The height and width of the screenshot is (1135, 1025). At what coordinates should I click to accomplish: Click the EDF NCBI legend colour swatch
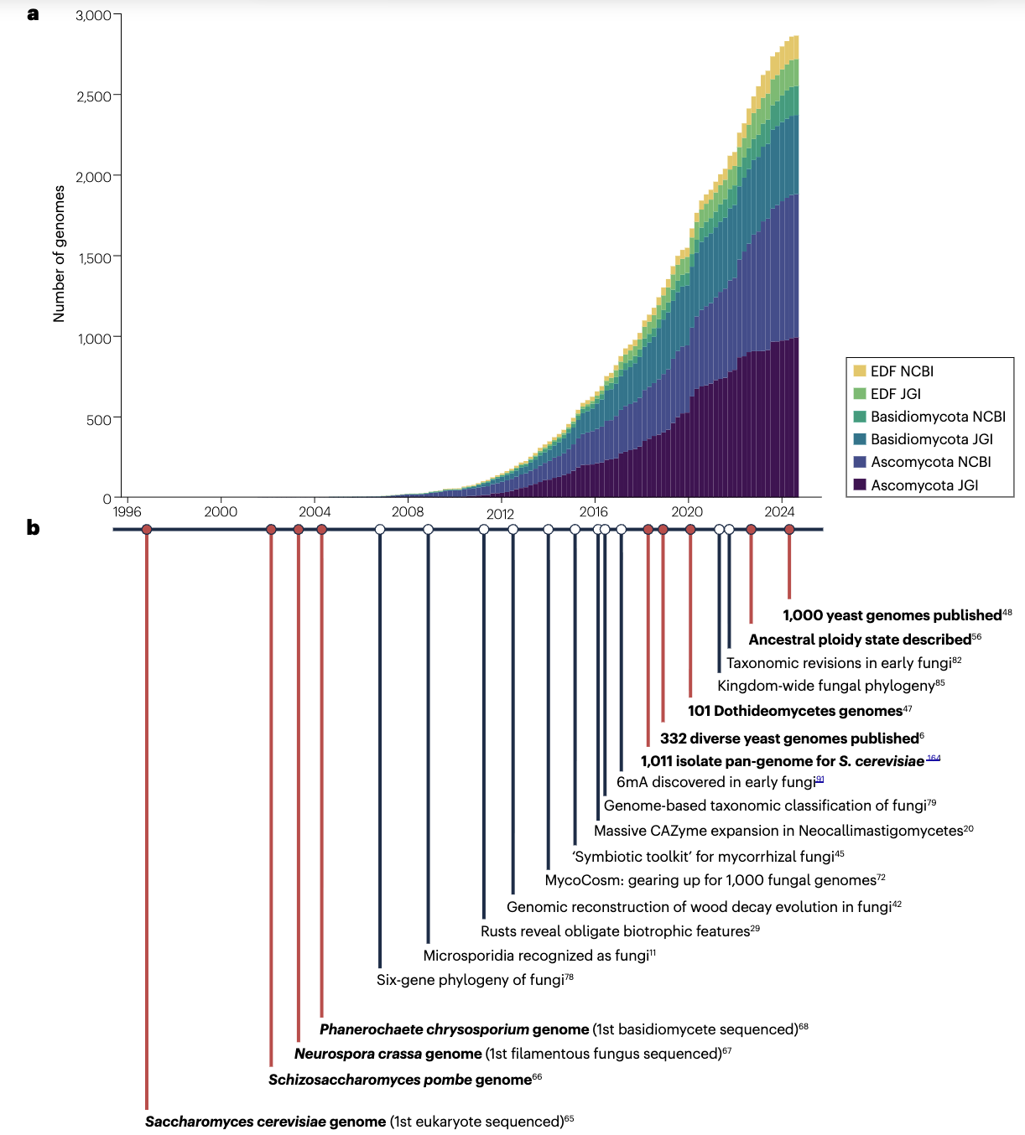[x=860, y=371]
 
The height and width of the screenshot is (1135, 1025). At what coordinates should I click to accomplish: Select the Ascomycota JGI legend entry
[x=924, y=485]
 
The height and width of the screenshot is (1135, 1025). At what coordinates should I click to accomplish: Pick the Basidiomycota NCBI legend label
[x=938, y=417]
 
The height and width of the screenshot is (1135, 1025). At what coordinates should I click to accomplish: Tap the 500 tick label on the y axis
[x=98, y=419]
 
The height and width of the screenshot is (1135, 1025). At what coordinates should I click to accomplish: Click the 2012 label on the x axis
[x=500, y=514]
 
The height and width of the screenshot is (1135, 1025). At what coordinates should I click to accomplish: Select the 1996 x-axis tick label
[x=127, y=512]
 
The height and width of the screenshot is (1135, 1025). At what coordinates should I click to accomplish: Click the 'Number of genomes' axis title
[x=59, y=254]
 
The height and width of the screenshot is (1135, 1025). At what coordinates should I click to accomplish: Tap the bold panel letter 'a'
[x=33, y=13]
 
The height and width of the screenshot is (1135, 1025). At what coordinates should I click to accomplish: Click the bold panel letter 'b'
[x=33, y=527]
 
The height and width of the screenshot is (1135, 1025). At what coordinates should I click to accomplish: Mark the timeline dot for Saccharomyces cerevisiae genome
[x=147, y=530]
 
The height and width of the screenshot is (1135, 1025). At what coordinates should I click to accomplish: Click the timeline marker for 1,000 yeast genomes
[x=789, y=530]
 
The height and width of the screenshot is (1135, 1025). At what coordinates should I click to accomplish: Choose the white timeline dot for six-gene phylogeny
[x=380, y=530]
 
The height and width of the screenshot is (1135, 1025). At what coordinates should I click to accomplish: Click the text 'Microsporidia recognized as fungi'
[x=536, y=956]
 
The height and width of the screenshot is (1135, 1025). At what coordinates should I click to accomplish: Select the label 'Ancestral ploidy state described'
[x=860, y=640]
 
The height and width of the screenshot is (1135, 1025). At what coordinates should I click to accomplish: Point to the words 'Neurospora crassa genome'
[x=388, y=1054]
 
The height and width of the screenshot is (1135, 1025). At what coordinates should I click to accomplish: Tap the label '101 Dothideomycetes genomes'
[x=794, y=711]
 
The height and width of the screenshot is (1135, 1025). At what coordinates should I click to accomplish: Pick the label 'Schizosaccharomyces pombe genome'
[x=399, y=1080]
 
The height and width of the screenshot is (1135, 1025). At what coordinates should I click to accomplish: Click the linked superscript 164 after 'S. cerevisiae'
[x=934, y=758]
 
